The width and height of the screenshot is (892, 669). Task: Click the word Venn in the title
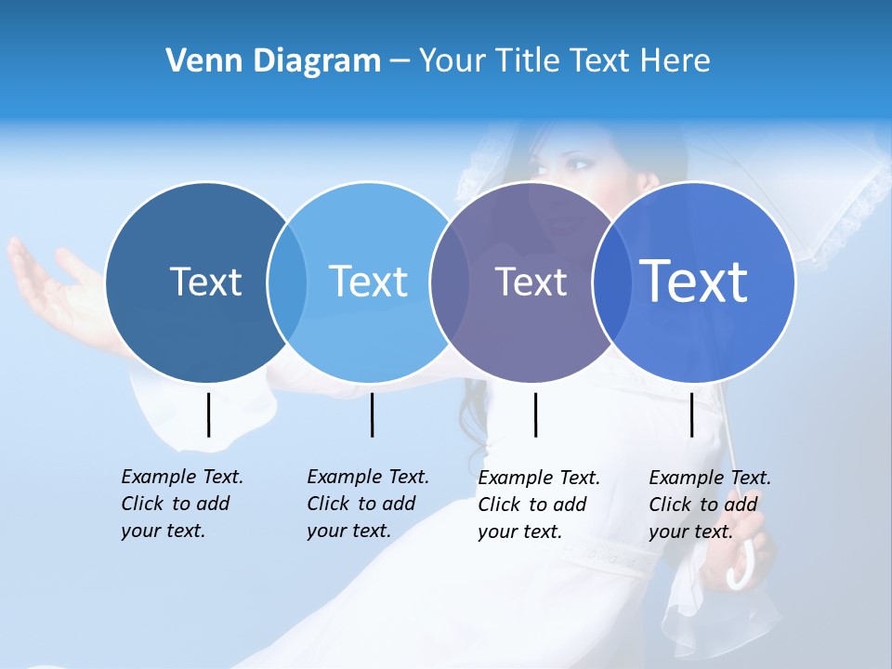click(196, 61)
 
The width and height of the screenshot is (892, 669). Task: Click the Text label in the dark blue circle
click(205, 282)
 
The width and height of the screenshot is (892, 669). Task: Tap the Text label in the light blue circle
click(368, 282)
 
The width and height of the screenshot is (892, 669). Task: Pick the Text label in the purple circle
click(531, 282)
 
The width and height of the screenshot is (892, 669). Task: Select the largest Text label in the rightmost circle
click(694, 281)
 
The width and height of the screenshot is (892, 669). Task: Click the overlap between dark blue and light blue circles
click(287, 282)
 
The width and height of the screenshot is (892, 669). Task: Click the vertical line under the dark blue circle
click(208, 414)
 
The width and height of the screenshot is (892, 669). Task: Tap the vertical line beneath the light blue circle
click(372, 414)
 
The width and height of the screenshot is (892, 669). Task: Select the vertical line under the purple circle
click(535, 414)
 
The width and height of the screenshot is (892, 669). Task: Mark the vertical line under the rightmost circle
click(691, 414)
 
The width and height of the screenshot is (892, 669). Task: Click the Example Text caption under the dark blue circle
click(181, 504)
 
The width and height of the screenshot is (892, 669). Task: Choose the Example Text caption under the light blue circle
click(367, 504)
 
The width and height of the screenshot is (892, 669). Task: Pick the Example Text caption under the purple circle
click(538, 505)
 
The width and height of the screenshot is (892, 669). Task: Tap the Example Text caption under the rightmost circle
click(709, 505)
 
